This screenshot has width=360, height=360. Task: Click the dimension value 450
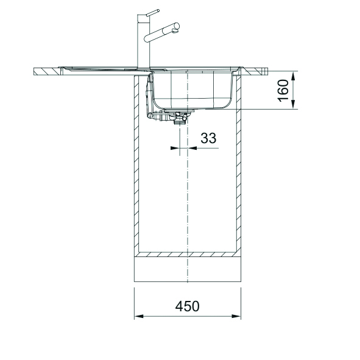[x=187, y=306]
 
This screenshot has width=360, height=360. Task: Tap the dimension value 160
[x=283, y=91]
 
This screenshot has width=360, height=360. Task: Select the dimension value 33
[x=208, y=138]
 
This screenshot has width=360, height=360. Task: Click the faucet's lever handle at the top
[x=152, y=12]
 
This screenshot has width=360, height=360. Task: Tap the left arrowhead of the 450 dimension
[x=139, y=316]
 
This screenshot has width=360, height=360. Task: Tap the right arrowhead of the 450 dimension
[x=236, y=316]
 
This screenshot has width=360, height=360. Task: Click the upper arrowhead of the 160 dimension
[x=293, y=76]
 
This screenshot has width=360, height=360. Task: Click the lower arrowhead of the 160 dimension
[x=293, y=105]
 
